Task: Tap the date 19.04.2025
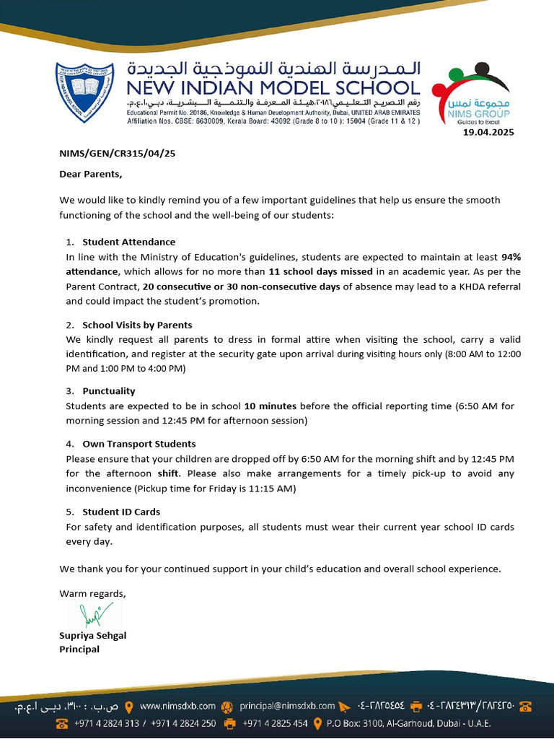pyautogui.click(x=488, y=132)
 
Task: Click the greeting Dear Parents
pyautogui.click(x=91, y=174)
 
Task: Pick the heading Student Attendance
pyautogui.click(x=128, y=242)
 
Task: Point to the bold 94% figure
pyautogui.click(x=511, y=257)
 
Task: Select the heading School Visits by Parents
pyautogui.click(x=137, y=325)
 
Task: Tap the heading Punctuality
pyautogui.click(x=108, y=391)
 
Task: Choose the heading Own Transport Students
pyautogui.click(x=138, y=444)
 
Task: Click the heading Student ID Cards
pyautogui.click(x=120, y=512)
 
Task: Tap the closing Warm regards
pyautogui.click(x=92, y=593)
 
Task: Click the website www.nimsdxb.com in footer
pyautogui.click(x=177, y=706)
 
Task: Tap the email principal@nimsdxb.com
pyautogui.click(x=287, y=706)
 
